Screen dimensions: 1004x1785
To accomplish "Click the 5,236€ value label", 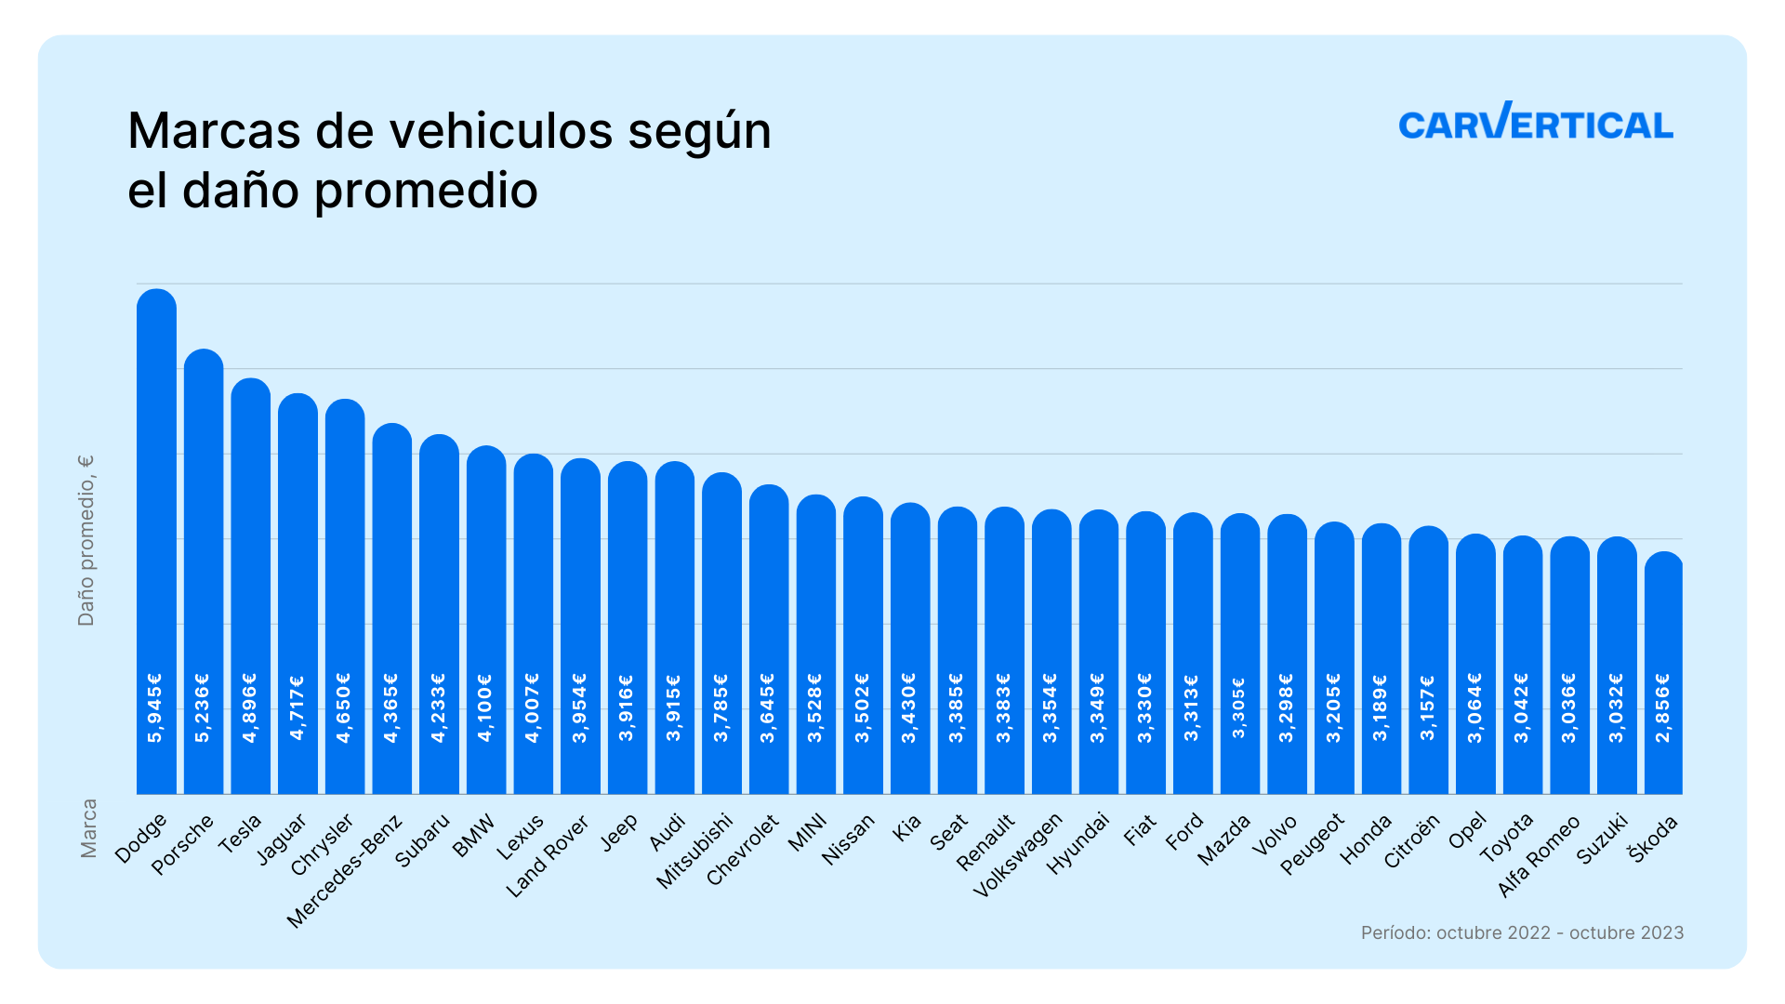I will click(x=203, y=708).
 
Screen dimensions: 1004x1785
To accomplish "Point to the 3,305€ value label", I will click(x=1238, y=708).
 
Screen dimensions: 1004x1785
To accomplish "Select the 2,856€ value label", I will click(x=1663, y=708).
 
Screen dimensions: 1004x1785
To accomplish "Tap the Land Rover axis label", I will click(x=548, y=856).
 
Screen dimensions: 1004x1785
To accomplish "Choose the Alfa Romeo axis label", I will click(x=1539, y=856).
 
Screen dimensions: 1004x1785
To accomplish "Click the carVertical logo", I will click(x=1535, y=123).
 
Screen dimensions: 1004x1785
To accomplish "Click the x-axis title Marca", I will click(x=88, y=828).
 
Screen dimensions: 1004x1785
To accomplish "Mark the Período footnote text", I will click(x=1522, y=932).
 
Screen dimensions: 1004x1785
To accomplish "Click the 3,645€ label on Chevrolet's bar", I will click(x=768, y=708).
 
